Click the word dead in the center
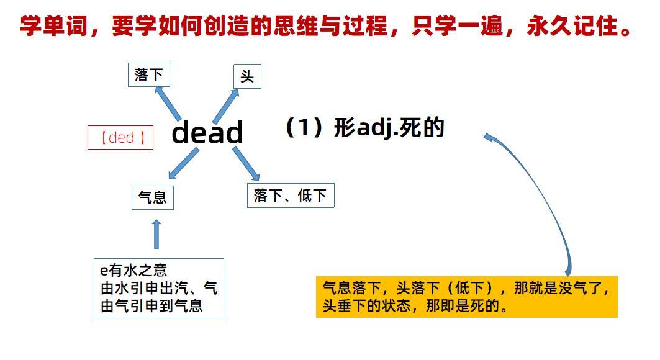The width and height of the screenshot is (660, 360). [x=207, y=133]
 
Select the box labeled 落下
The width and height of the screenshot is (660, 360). [x=148, y=75]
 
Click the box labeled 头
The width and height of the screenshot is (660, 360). [x=247, y=77]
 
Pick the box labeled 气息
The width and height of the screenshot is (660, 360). [x=152, y=197]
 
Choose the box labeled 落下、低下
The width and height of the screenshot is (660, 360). [x=290, y=196]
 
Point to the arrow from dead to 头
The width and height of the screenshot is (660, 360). [x=227, y=106]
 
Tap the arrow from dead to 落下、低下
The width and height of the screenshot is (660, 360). [x=246, y=164]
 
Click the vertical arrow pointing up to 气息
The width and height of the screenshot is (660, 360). [x=156, y=234]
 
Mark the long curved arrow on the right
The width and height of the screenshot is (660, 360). [x=546, y=199]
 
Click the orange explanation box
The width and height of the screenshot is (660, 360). [x=466, y=297]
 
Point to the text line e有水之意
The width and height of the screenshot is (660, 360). [x=133, y=270]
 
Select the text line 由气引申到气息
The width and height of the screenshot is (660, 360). [x=151, y=306]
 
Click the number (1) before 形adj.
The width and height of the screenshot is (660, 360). [x=305, y=128]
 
